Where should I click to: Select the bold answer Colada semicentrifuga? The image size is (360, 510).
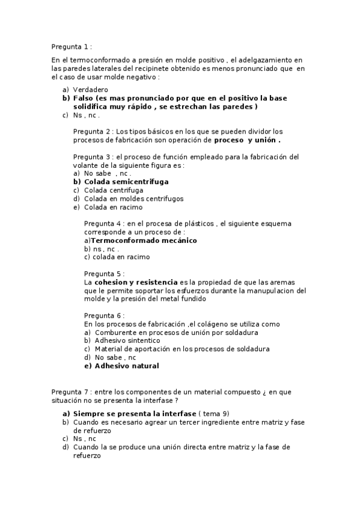click(126, 181)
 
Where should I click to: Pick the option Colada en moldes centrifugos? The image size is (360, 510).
click(133, 198)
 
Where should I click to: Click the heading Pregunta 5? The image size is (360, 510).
click(103, 273)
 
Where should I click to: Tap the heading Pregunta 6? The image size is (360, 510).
click(103, 315)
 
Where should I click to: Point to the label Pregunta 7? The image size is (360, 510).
click(71, 392)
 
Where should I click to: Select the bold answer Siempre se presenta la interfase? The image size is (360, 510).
click(135, 414)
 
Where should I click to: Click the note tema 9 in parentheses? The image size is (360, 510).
click(215, 414)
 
